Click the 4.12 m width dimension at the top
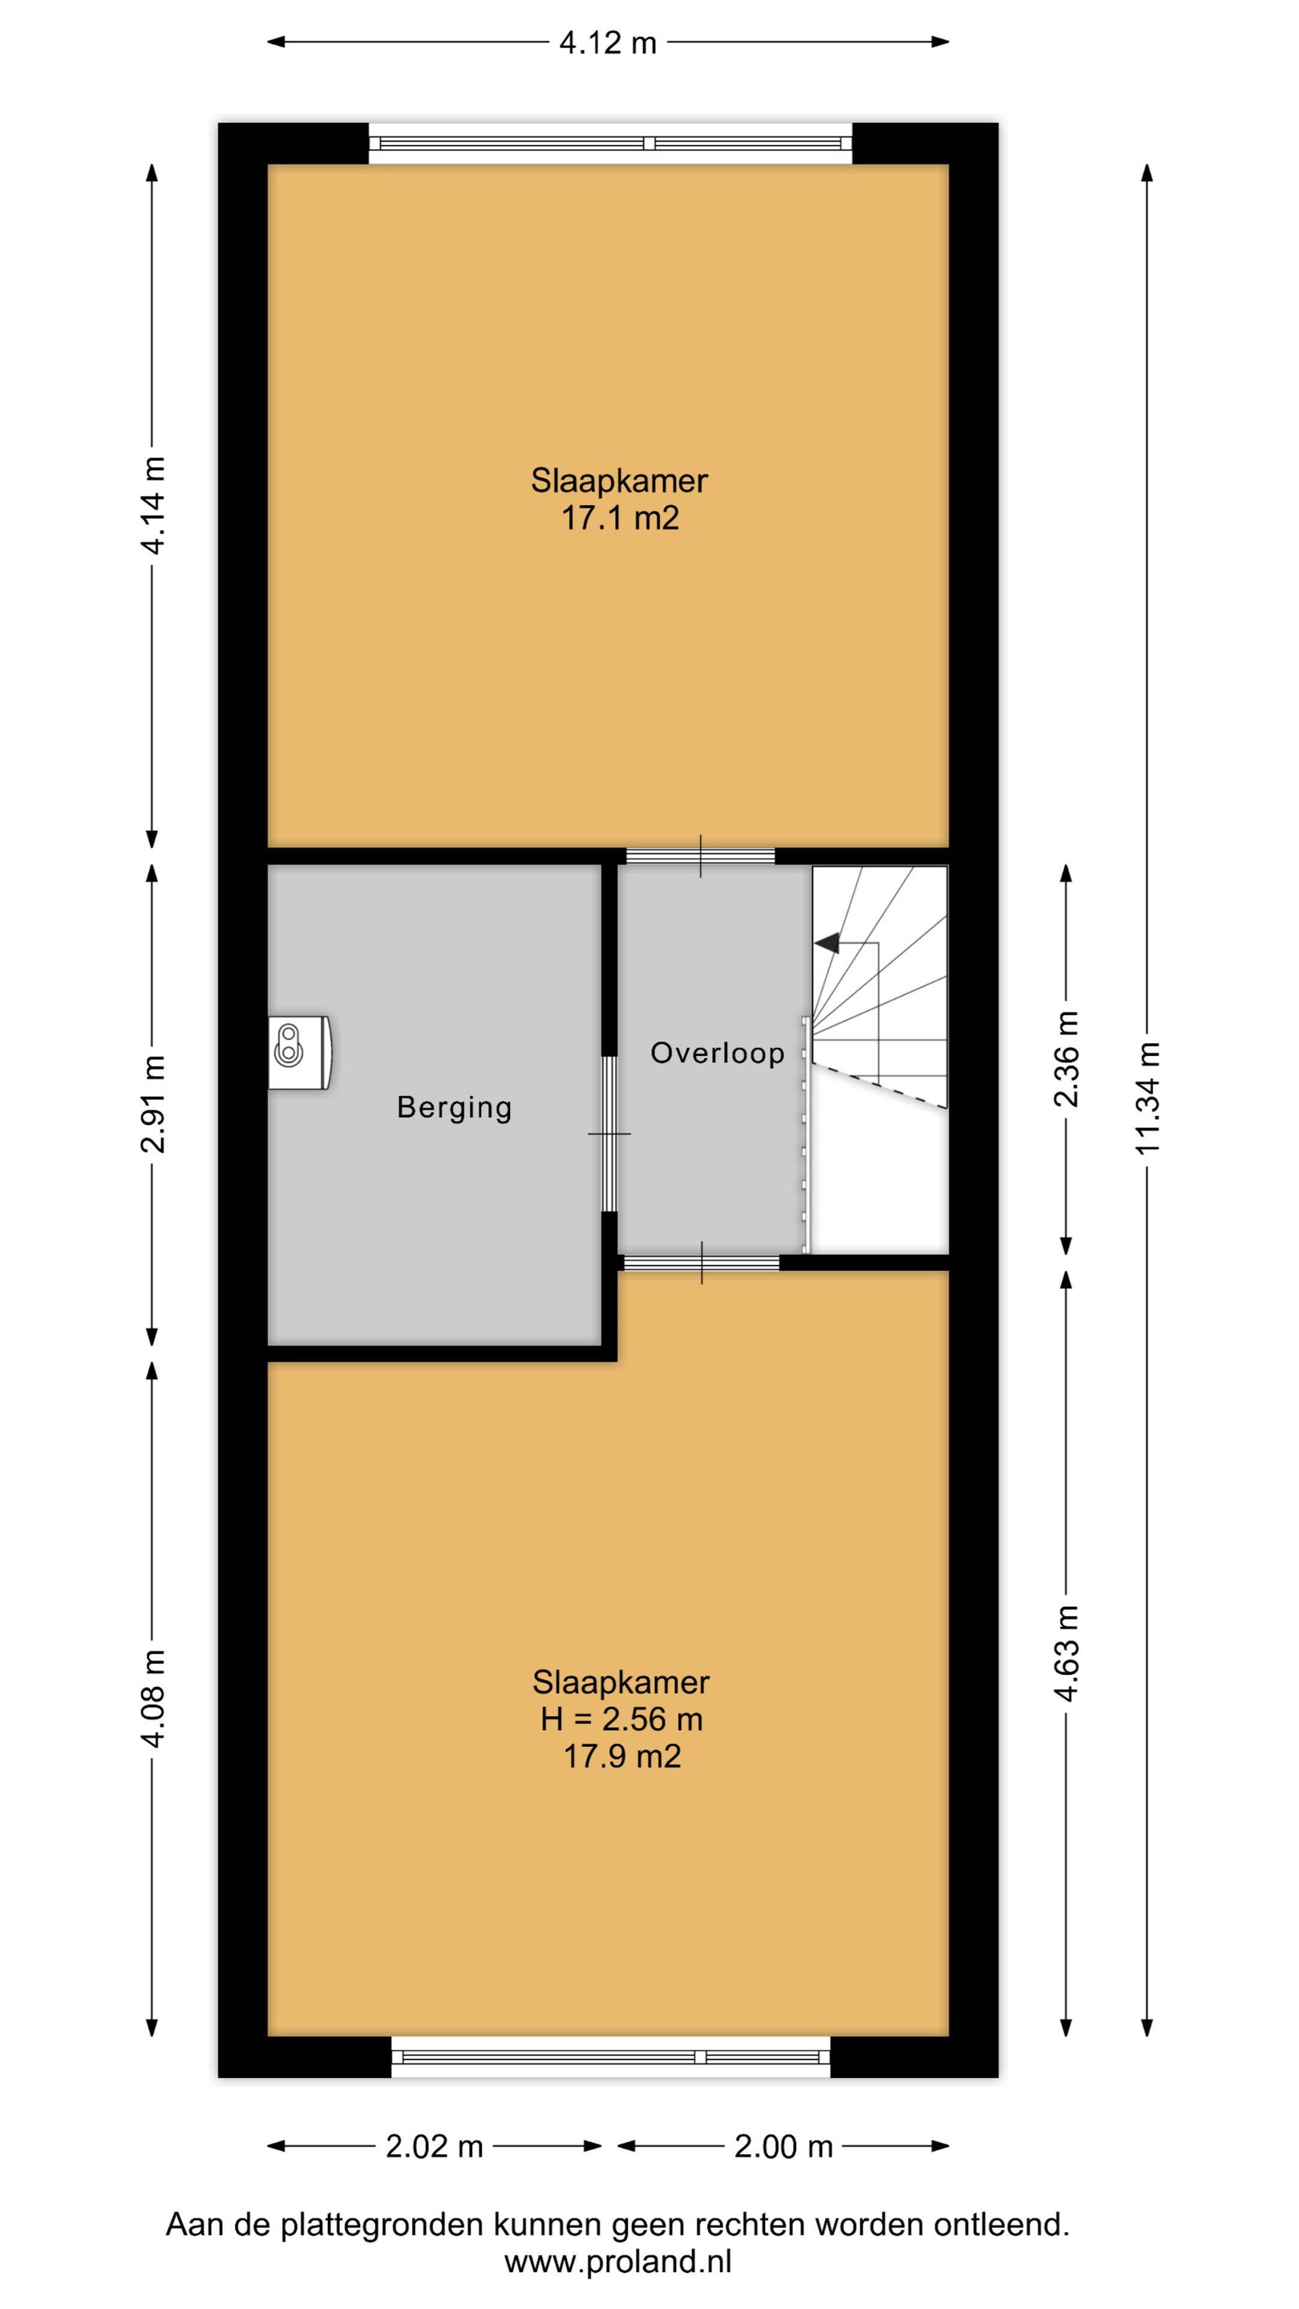608,42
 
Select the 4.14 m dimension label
152,506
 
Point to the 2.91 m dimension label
152,1103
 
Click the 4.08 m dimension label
152,1699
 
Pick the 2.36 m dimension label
1066,1058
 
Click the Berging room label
455,1109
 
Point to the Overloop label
717,1053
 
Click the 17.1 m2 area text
621,518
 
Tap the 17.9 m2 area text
622,1756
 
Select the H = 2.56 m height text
621,1719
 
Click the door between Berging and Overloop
609,1134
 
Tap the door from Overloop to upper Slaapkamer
700,856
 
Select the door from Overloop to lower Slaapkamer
702,1263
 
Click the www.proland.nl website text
618,2262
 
